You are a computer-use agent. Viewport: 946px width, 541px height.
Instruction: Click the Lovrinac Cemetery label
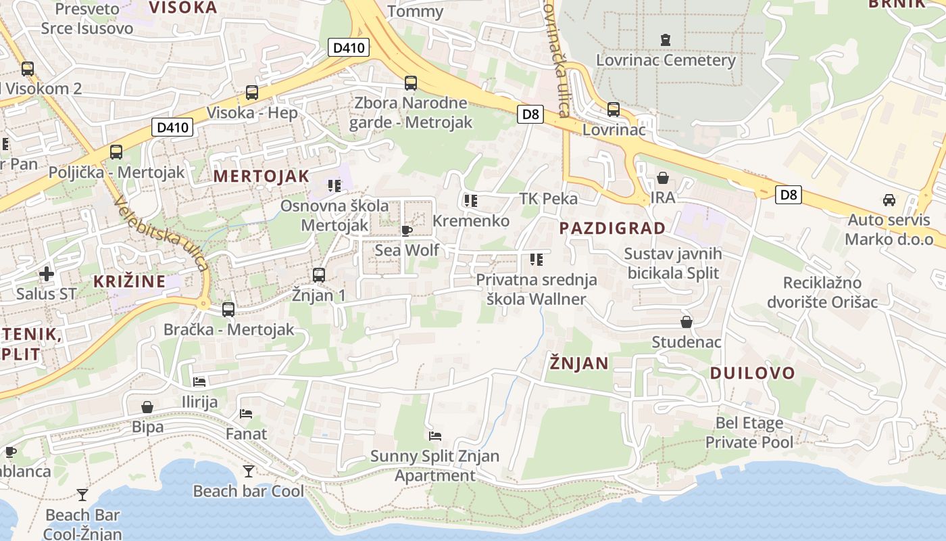[666, 60]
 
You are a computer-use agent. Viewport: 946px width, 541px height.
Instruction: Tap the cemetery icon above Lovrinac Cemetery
[666, 39]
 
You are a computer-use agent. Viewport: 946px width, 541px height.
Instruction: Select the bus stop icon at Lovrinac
[614, 109]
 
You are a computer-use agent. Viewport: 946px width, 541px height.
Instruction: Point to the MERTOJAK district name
[262, 177]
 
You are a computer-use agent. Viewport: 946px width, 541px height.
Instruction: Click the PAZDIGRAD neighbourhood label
[613, 229]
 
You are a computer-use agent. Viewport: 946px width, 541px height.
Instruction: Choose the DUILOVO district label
[752, 373]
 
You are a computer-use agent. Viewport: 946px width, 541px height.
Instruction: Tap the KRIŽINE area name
[129, 281]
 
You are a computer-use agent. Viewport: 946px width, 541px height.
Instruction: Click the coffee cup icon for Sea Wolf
[407, 231]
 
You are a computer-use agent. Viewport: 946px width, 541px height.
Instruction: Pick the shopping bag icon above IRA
[663, 178]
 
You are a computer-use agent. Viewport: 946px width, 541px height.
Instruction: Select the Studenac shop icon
[687, 322]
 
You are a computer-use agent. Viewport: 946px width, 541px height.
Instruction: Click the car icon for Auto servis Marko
[889, 200]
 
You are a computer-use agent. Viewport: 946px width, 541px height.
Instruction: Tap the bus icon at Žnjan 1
[319, 275]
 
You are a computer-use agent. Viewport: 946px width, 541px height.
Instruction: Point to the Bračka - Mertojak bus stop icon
[228, 310]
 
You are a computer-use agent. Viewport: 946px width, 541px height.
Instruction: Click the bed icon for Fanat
[246, 413]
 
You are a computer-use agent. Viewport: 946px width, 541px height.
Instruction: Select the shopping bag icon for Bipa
[147, 407]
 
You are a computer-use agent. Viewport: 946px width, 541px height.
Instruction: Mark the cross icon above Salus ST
[46, 274]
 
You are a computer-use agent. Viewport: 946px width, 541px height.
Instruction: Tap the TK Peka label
[548, 198]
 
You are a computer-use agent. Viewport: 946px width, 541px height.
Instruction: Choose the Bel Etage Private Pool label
[749, 433]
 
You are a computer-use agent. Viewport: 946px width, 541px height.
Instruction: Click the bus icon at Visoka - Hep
[252, 93]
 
